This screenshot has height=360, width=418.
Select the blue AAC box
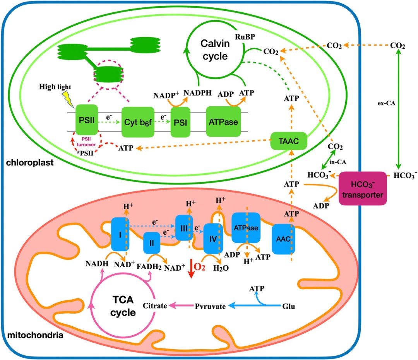(x=283, y=238)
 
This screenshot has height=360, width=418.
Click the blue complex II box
(x=152, y=244)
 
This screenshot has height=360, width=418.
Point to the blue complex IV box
(x=212, y=239)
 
